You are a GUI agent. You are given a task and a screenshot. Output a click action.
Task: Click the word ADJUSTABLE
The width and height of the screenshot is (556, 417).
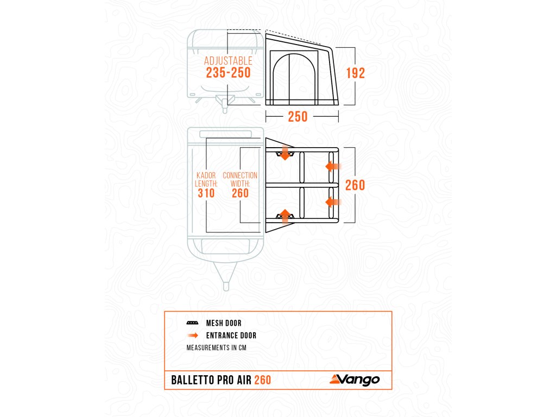228,61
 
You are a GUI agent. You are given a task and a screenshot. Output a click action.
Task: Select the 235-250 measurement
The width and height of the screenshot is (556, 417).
228,73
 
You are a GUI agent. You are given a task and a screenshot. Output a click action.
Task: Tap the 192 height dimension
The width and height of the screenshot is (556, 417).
355,73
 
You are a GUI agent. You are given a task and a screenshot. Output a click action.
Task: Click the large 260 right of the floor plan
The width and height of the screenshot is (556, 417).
355,185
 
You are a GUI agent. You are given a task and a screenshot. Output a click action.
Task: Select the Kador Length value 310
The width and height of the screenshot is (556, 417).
206,193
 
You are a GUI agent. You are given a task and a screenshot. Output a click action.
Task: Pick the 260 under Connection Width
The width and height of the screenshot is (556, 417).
240,193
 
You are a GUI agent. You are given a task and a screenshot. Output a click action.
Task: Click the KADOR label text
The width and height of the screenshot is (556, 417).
206,175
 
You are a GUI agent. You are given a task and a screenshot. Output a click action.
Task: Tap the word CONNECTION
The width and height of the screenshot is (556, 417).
240,175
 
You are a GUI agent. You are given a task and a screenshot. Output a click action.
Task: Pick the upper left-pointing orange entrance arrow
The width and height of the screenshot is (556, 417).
332,166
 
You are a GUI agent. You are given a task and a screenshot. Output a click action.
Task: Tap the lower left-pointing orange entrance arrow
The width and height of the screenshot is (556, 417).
332,202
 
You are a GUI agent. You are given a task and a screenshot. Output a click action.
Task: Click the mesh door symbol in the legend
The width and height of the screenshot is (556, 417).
192,323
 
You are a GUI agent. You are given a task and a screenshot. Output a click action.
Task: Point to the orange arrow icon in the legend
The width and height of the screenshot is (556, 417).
193,336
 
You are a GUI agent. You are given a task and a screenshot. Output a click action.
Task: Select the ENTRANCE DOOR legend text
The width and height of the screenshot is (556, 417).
231,336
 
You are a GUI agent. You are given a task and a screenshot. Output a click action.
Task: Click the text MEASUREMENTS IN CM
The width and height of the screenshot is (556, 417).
216,348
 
